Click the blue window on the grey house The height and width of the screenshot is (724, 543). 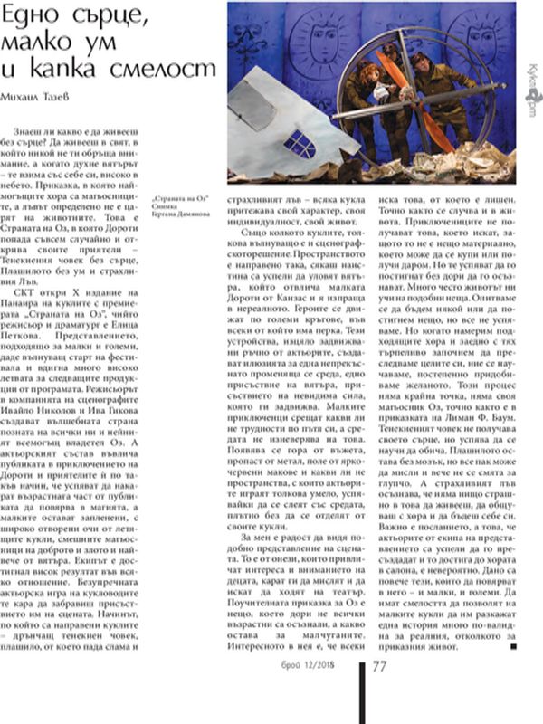tap(300, 142)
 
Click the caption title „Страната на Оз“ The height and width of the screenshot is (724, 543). tap(177, 195)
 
